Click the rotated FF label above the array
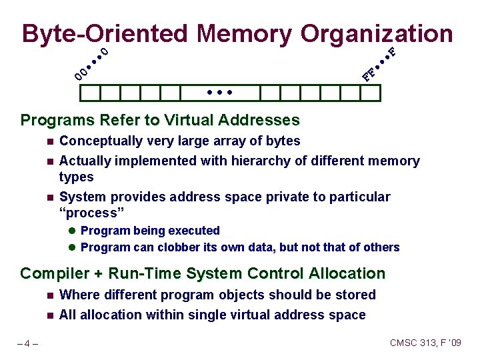click(369, 74)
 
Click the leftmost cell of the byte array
click(89, 93)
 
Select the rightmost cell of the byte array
click(370, 93)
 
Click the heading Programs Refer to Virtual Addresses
click(160, 121)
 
